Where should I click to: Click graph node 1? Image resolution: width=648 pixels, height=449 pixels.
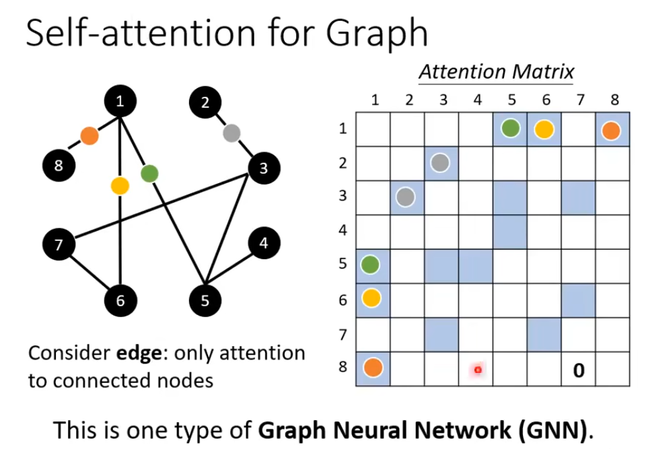(x=120, y=102)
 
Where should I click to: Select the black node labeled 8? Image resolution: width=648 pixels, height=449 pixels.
(x=59, y=165)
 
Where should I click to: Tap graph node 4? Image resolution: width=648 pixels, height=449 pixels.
(x=264, y=244)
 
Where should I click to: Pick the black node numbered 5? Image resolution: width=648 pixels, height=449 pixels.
(x=205, y=300)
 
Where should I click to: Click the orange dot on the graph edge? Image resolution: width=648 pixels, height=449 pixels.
(x=89, y=136)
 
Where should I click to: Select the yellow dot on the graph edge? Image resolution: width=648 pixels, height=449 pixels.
(x=120, y=185)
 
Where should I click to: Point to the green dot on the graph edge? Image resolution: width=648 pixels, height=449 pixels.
(x=149, y=174)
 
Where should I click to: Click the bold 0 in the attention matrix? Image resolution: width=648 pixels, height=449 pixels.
(x=578, y=369)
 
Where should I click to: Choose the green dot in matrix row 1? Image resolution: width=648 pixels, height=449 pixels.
(x=510, y=129)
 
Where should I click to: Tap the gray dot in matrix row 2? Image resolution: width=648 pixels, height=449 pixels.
(x=441, y=163)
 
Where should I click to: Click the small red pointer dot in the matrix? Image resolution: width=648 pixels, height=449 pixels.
(x=477, y=369)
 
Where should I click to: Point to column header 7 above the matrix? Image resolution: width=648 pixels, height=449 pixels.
(x=579, y=100)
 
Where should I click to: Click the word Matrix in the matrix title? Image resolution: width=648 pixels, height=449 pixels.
(x=542, y=71)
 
